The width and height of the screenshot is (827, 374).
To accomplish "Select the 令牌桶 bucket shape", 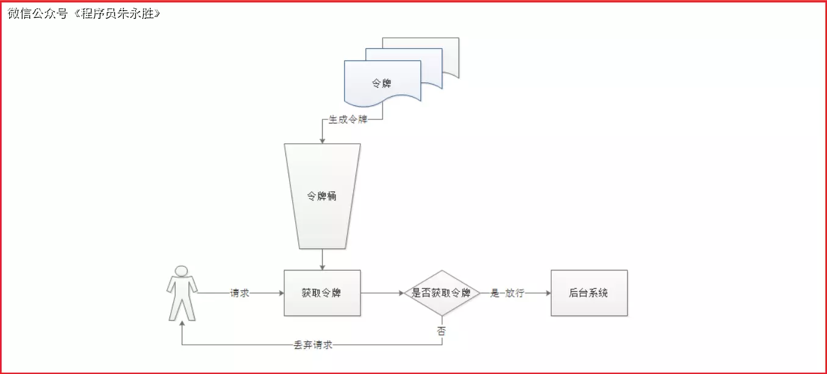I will point(322,196).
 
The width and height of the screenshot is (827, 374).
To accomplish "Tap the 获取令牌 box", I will point(322,293).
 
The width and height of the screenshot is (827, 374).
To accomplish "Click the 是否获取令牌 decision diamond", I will point(442,293).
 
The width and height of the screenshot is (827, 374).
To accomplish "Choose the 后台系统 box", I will point(589,293).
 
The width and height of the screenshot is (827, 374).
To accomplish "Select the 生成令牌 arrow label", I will point(348,120).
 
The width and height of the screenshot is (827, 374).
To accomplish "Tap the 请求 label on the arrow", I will point(240,293).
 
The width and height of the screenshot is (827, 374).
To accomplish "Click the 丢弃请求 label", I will point(313,345).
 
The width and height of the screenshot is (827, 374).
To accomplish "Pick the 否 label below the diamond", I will point(442,331).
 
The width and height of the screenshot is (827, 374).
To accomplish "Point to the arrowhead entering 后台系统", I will point(547,293).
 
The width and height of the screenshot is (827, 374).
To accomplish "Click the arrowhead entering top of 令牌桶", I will point(322,140).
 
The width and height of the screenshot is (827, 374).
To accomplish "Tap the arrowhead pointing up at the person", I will point(182,325).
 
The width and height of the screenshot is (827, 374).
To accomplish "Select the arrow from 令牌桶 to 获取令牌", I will point(322,259).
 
